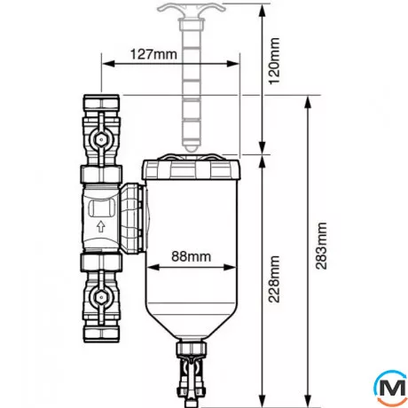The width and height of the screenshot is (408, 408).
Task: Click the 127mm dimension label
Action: coord(153,54)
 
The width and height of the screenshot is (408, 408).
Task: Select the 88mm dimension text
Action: coord(192,256)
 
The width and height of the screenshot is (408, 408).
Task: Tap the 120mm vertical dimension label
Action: coord(274,61)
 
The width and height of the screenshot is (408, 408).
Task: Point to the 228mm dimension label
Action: coord(274,279)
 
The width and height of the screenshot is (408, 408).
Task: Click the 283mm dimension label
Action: coord(321,246)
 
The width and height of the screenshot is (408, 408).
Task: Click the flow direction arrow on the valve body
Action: coord(101,226)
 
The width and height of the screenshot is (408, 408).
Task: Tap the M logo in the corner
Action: coord(391,387)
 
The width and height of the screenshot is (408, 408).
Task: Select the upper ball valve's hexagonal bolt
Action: coord(101,139)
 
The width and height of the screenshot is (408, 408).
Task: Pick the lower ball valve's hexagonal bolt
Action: coord(101,294)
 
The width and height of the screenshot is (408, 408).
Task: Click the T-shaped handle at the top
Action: coord(191,9)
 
